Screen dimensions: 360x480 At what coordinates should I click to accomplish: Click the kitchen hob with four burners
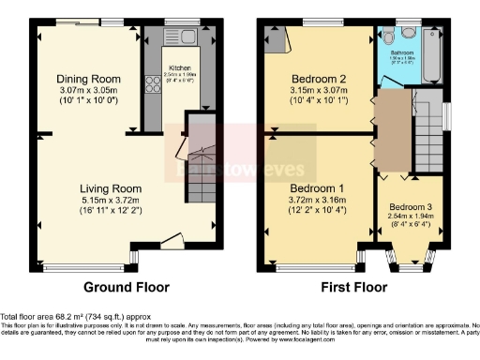[152, 85]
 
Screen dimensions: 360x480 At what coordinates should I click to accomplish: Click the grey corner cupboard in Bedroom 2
[276, 38]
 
